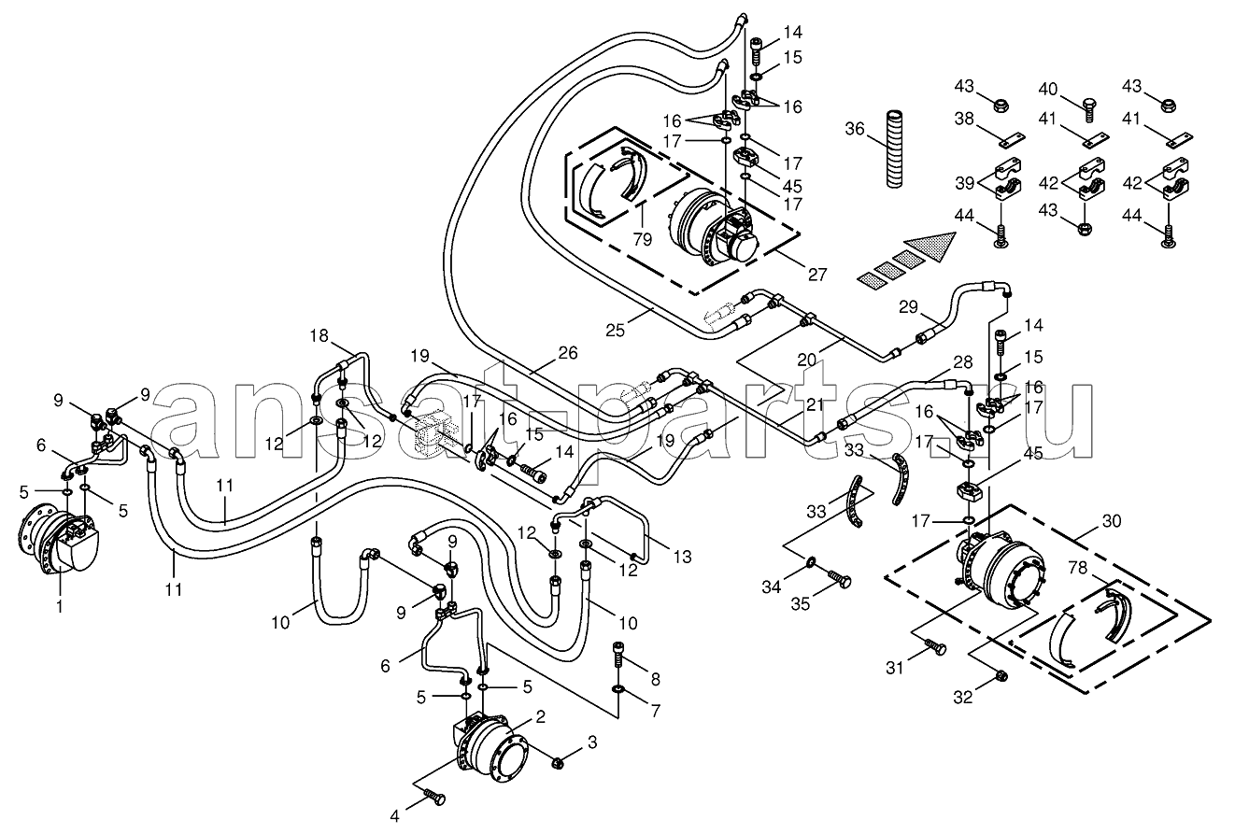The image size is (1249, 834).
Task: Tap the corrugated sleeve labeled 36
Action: [894, 148]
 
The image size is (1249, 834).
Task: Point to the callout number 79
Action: [643, 240]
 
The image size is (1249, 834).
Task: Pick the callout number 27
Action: [816, 275]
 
